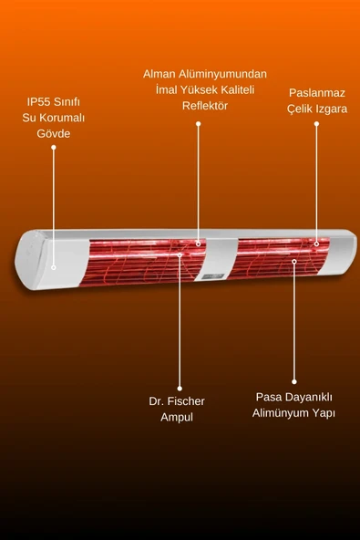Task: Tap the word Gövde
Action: [54, 133]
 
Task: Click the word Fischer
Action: [187, 400]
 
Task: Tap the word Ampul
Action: [177, 417]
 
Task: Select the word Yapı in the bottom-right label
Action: [324, 413]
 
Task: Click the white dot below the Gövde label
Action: [54, 148]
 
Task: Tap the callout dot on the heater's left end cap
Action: [54, 267]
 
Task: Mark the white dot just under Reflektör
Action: [198, 122]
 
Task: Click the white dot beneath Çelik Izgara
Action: [316, 123]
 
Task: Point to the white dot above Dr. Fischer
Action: [180, 388]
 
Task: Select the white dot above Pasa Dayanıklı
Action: [293, 381]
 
